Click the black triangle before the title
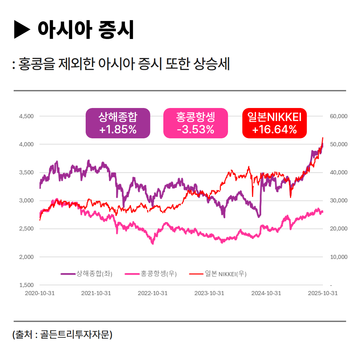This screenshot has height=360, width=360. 22,30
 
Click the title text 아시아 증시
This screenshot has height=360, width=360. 86,30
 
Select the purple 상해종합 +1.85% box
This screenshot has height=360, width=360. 118,123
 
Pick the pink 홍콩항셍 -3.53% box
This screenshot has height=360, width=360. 195,123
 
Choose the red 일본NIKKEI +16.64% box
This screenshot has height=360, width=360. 274,123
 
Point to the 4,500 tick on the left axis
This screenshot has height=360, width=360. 27,116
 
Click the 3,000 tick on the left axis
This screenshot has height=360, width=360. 27,200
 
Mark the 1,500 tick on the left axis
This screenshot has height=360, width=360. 27,285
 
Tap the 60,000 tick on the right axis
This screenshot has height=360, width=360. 339,116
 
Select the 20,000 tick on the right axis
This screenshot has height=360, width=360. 339,229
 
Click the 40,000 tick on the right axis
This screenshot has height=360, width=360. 339,172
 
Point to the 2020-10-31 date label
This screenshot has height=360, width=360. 40,293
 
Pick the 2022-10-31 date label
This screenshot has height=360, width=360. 153,293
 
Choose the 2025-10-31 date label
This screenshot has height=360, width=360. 323,293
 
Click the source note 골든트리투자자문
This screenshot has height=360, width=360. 75,334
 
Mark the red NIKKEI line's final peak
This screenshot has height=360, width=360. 322,138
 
